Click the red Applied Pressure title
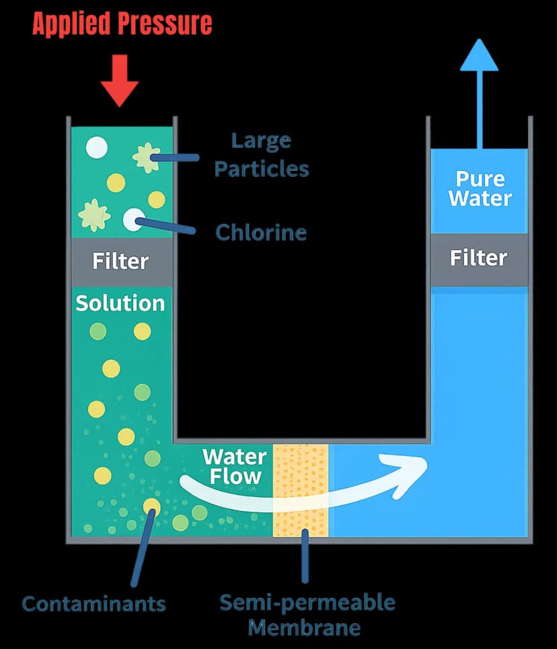tap(122, 24)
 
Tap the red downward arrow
tap(120, 83)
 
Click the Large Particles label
tap(261, 155)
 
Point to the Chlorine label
tap(261, 233)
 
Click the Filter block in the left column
tap(121, 260)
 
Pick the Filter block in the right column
tap(478, 258)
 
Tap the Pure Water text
tap(480, 188)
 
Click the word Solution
tap(120, 303)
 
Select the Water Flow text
tap(234, 466)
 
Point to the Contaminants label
tap(94, 603)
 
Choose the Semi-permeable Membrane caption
tap(307, 615)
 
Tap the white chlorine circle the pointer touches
tap(133, 219)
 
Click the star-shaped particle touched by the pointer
tap(146, 158)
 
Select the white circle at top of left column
tap(97, 147)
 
